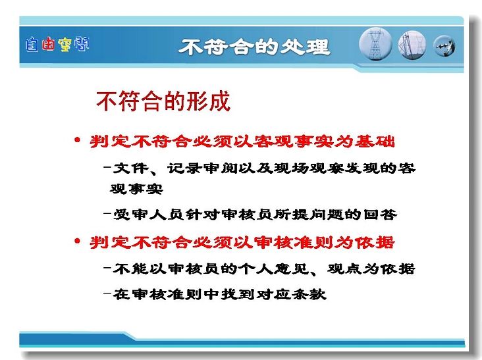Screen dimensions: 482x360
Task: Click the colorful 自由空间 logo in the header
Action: pos(57,44)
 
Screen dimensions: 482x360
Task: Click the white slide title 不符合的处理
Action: pos(254,47)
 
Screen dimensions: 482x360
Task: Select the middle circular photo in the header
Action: pos(412,45)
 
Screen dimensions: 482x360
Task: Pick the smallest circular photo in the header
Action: pos(444,46)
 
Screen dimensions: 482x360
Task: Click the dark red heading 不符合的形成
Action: pos(163,101)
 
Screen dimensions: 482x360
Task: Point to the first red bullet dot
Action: pos(77,141)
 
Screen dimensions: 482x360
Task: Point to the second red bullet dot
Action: pos(77,241)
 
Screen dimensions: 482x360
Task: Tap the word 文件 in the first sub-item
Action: pos(131,168)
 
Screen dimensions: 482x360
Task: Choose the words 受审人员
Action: pos(148,214)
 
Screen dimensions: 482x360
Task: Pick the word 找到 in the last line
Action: pos(237,294)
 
